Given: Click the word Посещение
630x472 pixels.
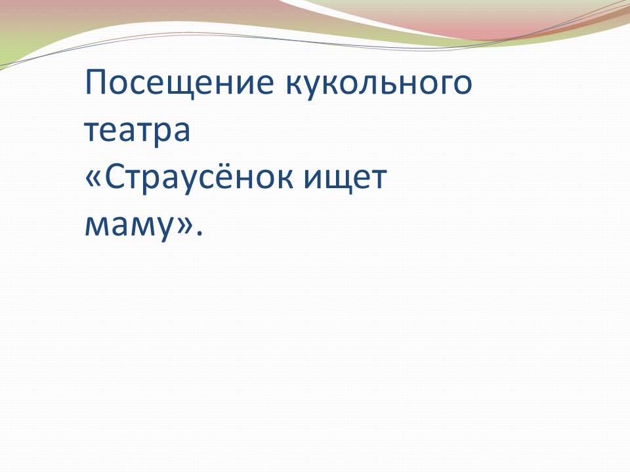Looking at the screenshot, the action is [180, 83].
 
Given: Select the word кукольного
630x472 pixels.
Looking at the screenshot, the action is [379, 85].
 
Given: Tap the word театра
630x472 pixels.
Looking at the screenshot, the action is [137, 130].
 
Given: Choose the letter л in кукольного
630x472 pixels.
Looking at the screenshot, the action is [358, 84].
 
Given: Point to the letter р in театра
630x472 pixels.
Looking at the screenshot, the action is [157, 135].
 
